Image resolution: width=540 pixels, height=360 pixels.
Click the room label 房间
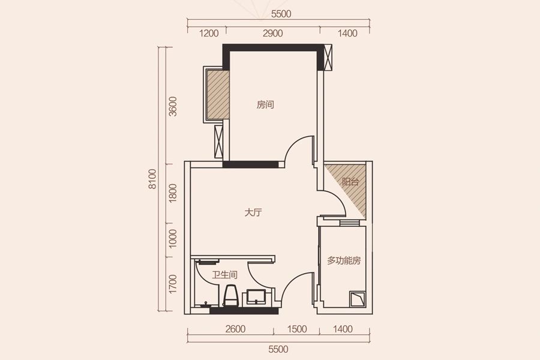tap(265, 105)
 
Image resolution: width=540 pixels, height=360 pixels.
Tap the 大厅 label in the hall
tap(253, 212)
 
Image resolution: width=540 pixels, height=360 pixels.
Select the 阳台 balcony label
tap(350, 182)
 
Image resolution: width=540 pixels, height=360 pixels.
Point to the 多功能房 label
tap(344, 260)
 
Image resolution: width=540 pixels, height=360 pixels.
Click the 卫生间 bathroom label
tap(224, 275)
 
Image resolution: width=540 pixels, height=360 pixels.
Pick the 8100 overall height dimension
tap(152, 179)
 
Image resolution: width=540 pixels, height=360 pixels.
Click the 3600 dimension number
tap(173, 106)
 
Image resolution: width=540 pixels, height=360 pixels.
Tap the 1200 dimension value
tap(209, 34)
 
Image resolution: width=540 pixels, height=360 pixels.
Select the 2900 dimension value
tap(273, 34)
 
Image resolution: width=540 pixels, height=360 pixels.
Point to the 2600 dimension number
tap(236, 329)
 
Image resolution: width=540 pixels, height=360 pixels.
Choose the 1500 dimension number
tap(297, 329)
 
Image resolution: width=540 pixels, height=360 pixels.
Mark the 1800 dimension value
tap(173, 193)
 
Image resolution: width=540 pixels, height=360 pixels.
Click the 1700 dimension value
tap(173, 284)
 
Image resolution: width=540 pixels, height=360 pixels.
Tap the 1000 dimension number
tap(173, 238)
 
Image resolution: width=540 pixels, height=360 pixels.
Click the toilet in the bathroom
tap(230, 296)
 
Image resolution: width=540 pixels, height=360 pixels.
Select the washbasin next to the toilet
tap(256, 297)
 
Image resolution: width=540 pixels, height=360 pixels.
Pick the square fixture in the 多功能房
tap(358, 299)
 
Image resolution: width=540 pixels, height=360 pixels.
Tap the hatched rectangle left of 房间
tap(218, 94)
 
